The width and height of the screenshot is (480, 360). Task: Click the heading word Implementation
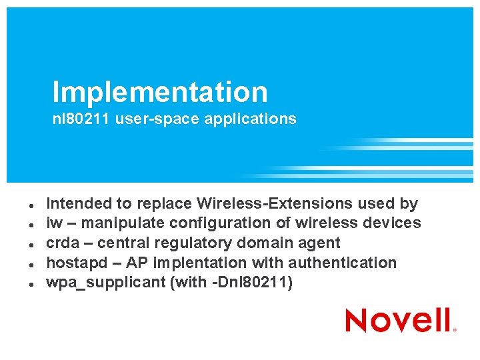tap(160, 92)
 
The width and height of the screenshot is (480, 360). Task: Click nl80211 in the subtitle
tap(82, 119)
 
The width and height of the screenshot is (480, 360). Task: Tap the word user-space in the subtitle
tap(149, 119)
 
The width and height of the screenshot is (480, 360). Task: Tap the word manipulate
tap(115, 223)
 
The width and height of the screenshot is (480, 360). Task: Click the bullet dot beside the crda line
tap(22, 244)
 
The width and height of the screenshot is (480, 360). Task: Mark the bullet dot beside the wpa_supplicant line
tap(22, 283)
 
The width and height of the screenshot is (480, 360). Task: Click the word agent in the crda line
tap(320, 243)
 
